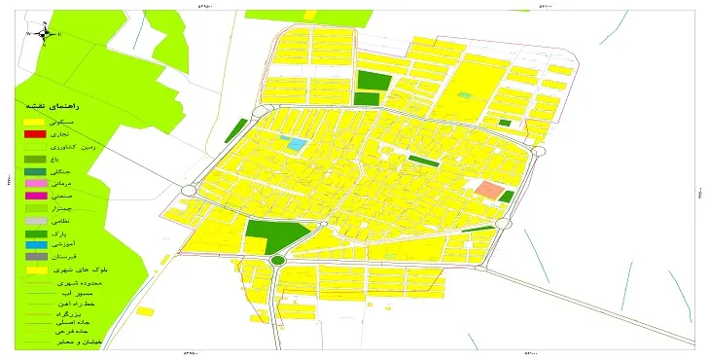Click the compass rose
click(45, 34)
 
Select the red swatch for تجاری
click(35, 133)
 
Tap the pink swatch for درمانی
click(35, 183)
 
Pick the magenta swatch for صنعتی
click(35, 196)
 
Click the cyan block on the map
click(295, 144)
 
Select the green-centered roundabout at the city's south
click(278, 261)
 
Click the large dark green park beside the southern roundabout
click(269, 234)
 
